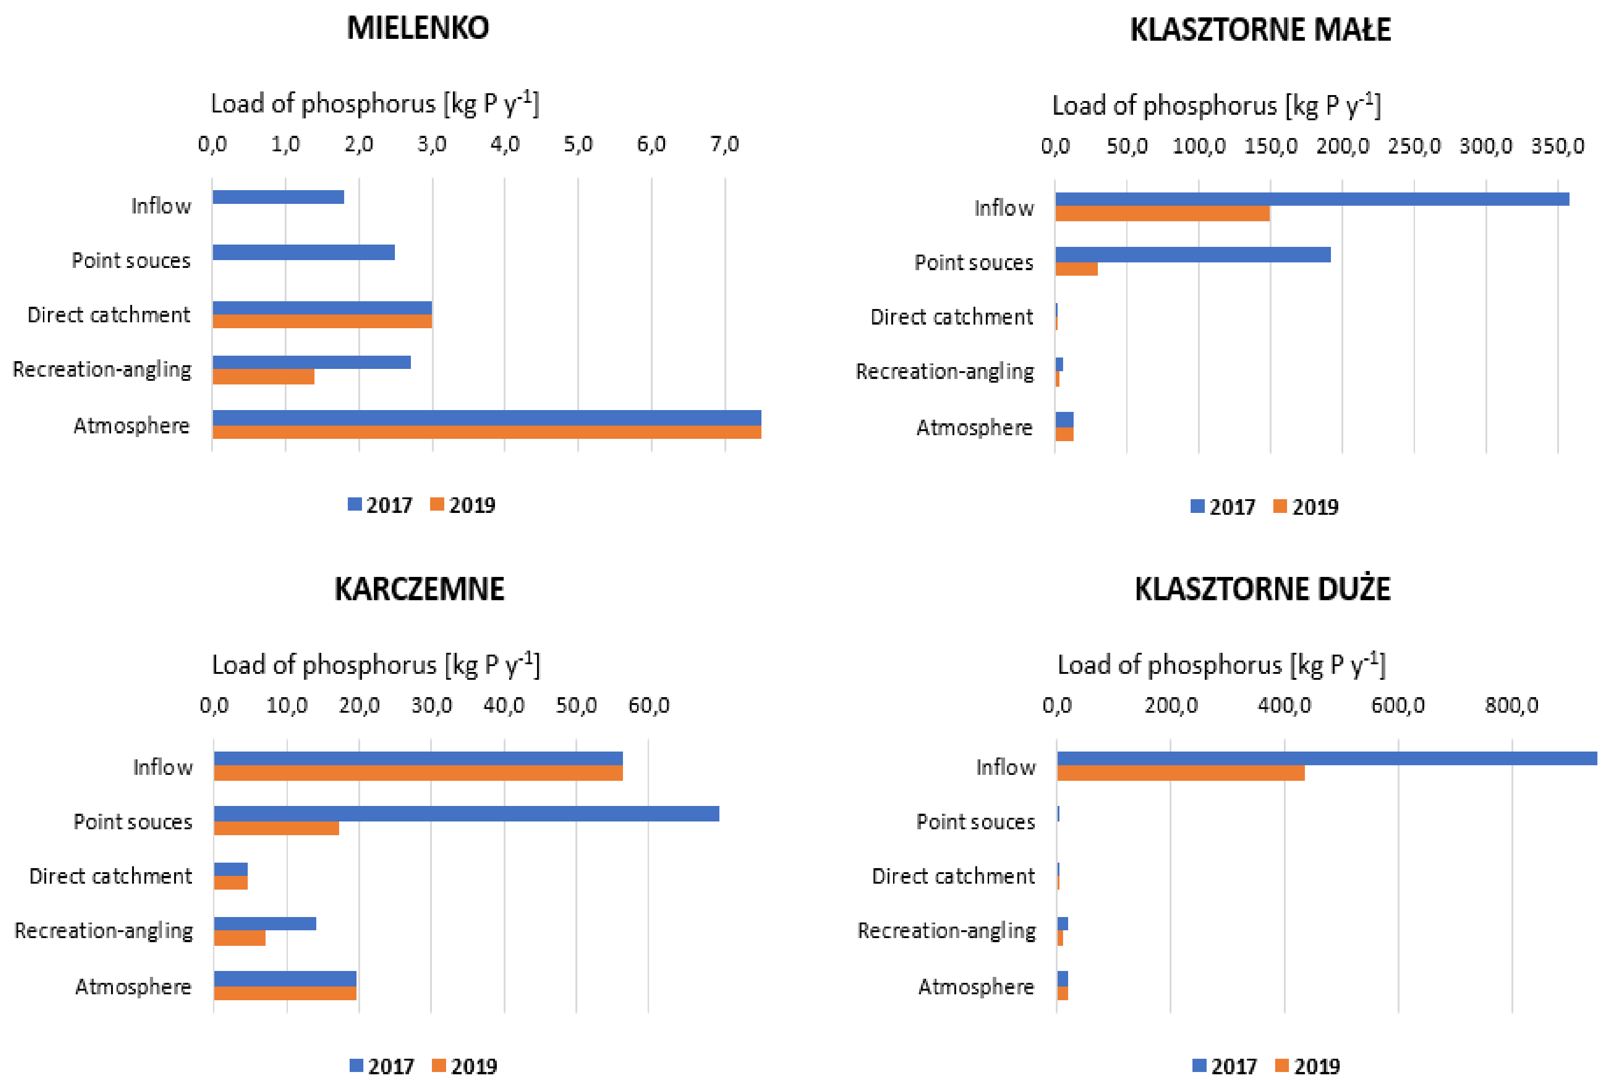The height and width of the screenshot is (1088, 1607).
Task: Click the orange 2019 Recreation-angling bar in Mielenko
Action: pos(263,377)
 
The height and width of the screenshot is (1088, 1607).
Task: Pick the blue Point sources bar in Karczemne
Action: pos(466,813)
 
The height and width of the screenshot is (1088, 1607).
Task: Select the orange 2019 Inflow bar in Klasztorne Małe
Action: pos(1162,214)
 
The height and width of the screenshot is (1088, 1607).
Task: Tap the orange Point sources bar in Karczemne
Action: pos(276,828)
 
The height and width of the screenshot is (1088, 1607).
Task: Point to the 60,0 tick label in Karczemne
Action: pos(648,705)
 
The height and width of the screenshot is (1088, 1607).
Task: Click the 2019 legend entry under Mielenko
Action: pos(463,505)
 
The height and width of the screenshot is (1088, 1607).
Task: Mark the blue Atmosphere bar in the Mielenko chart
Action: pos(486,418)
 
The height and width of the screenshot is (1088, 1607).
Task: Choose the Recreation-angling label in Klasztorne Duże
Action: pos(946,931)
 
